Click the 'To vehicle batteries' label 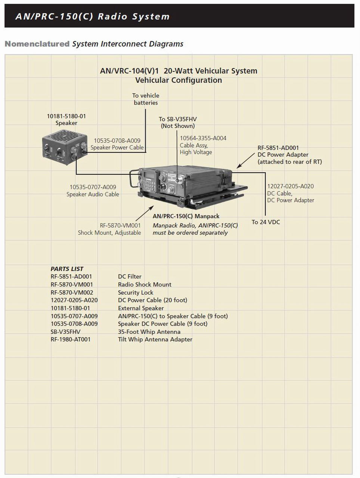pyautogui.click(x=146, y=99)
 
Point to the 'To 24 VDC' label pyautogui.click(x=266, y=222)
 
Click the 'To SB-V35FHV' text pyautogui.click(x=178, y=119)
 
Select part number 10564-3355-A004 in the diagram pyautogui.click(x=203, y=138)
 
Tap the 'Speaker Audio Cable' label pyautogui.click(x=93, y=194)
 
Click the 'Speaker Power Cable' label pyautogui.click(x=117, y=148)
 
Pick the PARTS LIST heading pyautogui.click(x=67, y=269)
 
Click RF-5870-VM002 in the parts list pyautogui.click(x=72, y=292)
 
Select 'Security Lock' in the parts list pyautogui.click(x=136, y=292)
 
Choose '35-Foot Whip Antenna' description pyautogui.click(x=149, y=332)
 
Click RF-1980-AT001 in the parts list pyautogui.click(x=71, y=339)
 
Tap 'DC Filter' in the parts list pyautogui.click(x=130, y=277)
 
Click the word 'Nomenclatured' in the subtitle pyautogui.click(x=37, y=44)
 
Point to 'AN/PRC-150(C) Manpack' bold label pyautogui.click(x=186, y=216)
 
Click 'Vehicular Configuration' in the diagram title pyautogui.click(x=179, y=80)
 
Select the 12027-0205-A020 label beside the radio pyautogui.click(x=290, y=186)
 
